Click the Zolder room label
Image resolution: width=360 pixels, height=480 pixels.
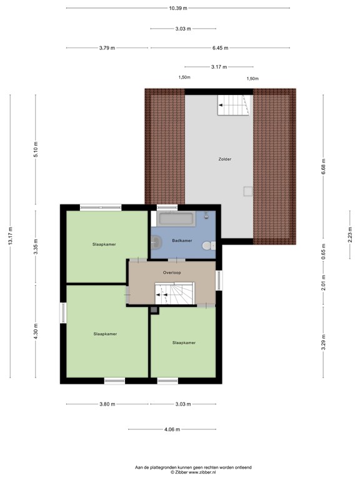[x=225, y=159]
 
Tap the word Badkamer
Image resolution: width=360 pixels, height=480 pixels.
[x=182, y=240]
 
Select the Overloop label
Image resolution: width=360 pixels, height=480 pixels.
[x=172, y=272]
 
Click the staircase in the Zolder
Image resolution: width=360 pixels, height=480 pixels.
[x=234, y=105]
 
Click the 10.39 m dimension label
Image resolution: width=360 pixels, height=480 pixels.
[x=178, y=8]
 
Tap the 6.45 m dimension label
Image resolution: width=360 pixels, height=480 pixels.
[x=220, y=47]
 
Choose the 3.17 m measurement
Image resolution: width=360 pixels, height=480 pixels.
[x=219, y=67]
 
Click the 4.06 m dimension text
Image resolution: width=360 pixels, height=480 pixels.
[x=172, y=429]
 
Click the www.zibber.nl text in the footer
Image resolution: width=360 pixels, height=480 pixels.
[x=194, y=472]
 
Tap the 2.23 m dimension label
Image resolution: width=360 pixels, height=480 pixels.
[x=349, y=234]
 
